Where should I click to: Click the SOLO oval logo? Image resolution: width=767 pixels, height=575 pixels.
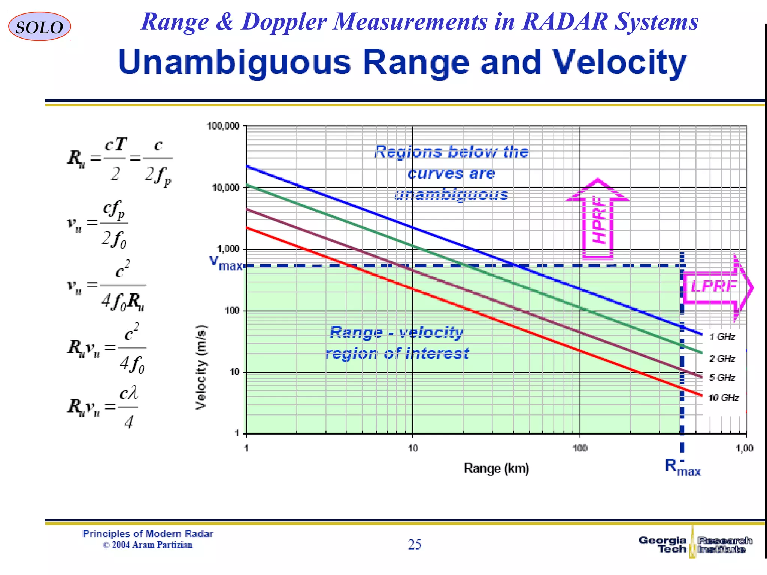pyautogui.click(x=39, y=27)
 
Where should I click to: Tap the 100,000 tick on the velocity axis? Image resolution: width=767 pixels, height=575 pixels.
pyautogui.click(x=223, y=126)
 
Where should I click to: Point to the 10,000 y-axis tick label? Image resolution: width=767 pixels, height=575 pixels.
pyautogui.click(x=225, y=188)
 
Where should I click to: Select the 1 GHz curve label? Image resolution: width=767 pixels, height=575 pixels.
pyautogui.click(x=722, y=337)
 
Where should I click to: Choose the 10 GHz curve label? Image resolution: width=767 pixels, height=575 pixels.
pyautogui.click(x=723, y=398)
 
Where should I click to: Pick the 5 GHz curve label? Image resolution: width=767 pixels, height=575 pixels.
pyautogui.click(x=722, y=378)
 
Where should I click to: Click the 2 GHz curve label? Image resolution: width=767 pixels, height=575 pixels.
pyautogui.click(x=722, y=359)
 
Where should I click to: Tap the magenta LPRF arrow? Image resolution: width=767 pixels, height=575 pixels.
pyautogui.click(x=715, y=287)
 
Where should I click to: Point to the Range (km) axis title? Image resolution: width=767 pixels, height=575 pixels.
pyautogui.click(x=496, y=468)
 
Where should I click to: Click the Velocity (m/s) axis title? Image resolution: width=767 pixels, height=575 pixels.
pyautogui.click(x=201, y=367)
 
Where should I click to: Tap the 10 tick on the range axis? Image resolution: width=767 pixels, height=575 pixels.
pyautogui.click(x=413, y=448)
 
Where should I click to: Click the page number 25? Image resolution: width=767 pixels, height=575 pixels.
pyautogui.click(x=415, y=544)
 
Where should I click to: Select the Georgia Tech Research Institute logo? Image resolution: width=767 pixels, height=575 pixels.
pyautogui.click(x=695, y=545)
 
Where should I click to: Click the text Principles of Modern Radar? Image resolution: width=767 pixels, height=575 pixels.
pyautogui.click(x=148, y=534)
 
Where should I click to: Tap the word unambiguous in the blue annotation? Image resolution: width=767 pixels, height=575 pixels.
pyautogui.click(x=451, y=194)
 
